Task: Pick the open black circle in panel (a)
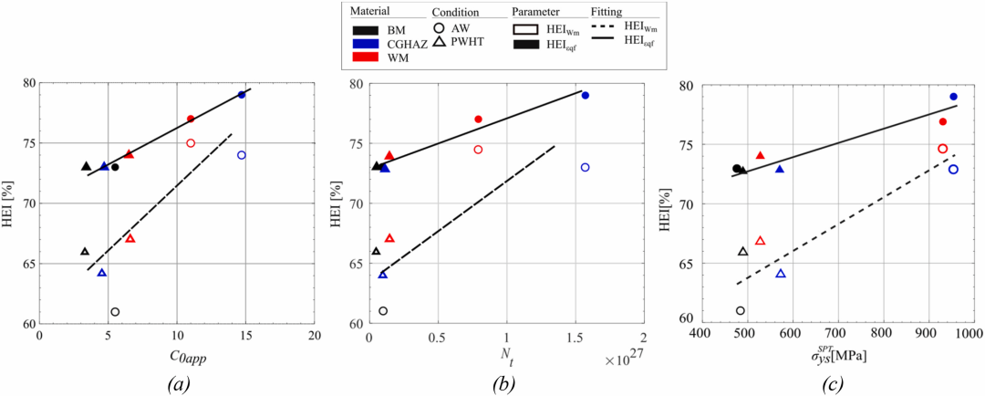115,312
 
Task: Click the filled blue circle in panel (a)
242,95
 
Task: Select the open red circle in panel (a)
191,143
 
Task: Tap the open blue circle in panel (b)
585,167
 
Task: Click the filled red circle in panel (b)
478,120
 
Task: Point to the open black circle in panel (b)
383,311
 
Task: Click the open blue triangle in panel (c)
780,274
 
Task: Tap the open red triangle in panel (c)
760,241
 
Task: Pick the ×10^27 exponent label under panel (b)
623,360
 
